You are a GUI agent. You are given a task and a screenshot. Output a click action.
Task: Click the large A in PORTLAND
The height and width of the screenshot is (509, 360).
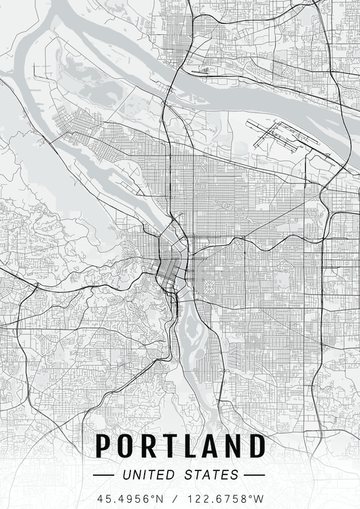point(211,446)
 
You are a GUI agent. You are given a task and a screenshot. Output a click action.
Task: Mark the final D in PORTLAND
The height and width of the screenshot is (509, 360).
point(256,446)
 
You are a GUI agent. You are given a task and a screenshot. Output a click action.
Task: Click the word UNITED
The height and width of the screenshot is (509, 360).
point(147,474)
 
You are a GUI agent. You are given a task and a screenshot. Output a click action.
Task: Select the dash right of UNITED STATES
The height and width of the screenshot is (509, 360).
point(254,474)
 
